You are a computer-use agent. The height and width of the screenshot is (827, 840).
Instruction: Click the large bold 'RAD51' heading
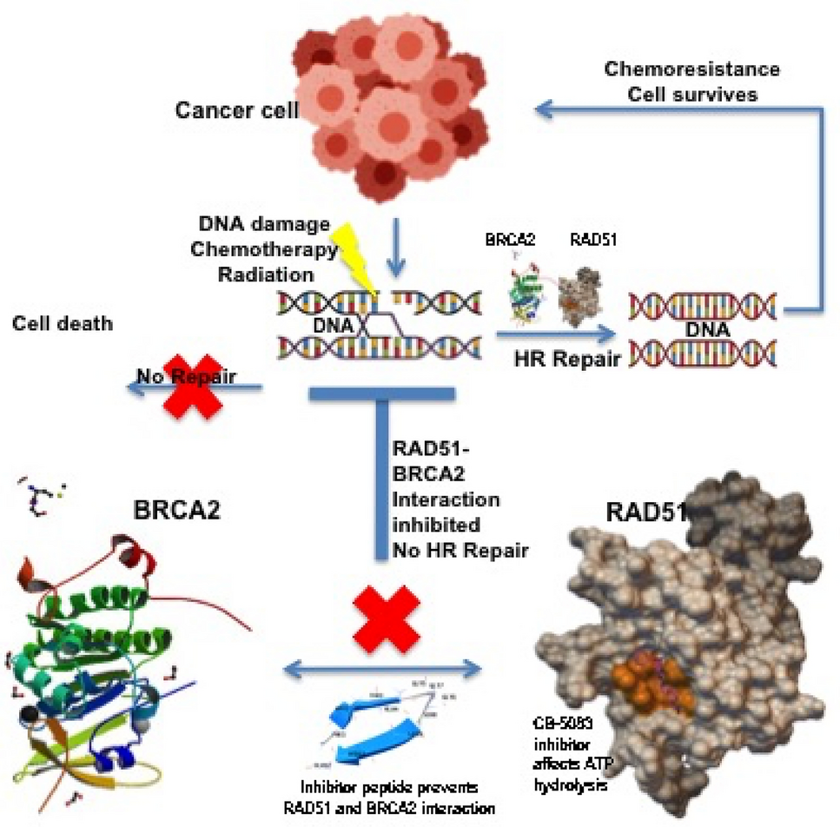tap(644, 511)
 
